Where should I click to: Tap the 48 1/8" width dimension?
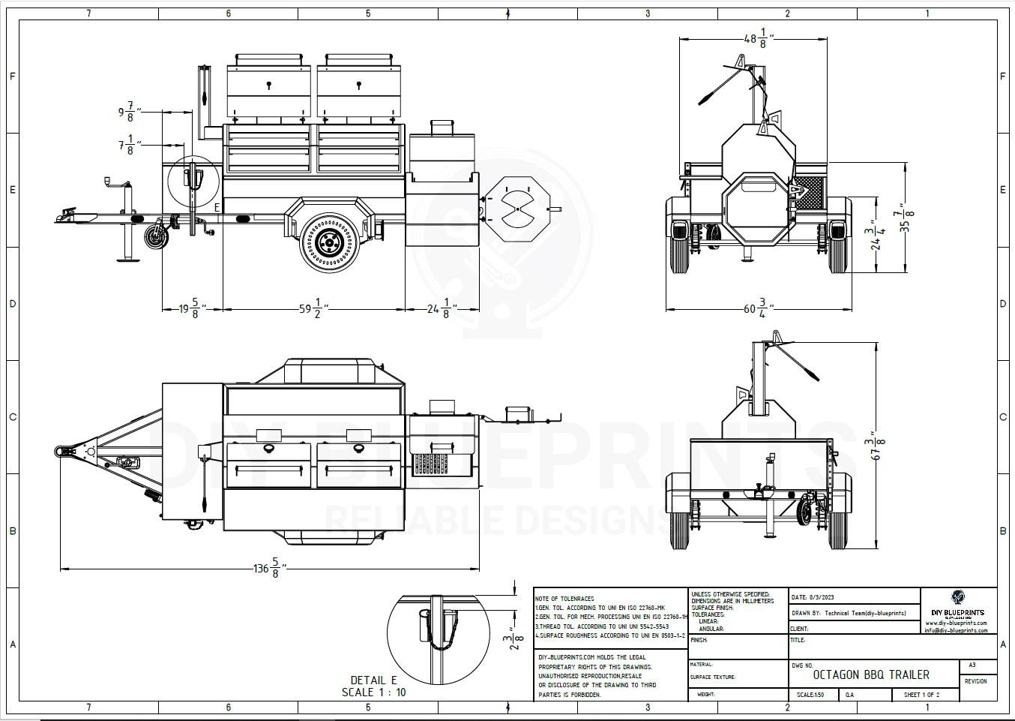tap(758, 39)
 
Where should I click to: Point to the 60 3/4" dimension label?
tap(759, 308)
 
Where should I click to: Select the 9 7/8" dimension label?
tap(126, 113)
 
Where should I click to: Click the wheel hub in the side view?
tap(328, 242)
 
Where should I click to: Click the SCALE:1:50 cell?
tap(810, 695)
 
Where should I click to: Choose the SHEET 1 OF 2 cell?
tap(921, 695)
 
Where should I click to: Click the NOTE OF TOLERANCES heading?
tap(564, 599)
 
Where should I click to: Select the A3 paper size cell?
tap(972, 665)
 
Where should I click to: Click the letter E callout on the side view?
tap(217, 207)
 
